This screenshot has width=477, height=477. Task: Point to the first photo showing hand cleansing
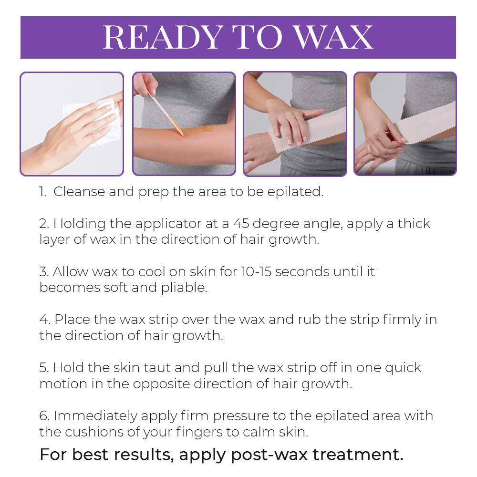(72, 124)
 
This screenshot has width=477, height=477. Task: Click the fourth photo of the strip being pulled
(405, 124)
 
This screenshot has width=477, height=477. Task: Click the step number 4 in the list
(43, 319)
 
